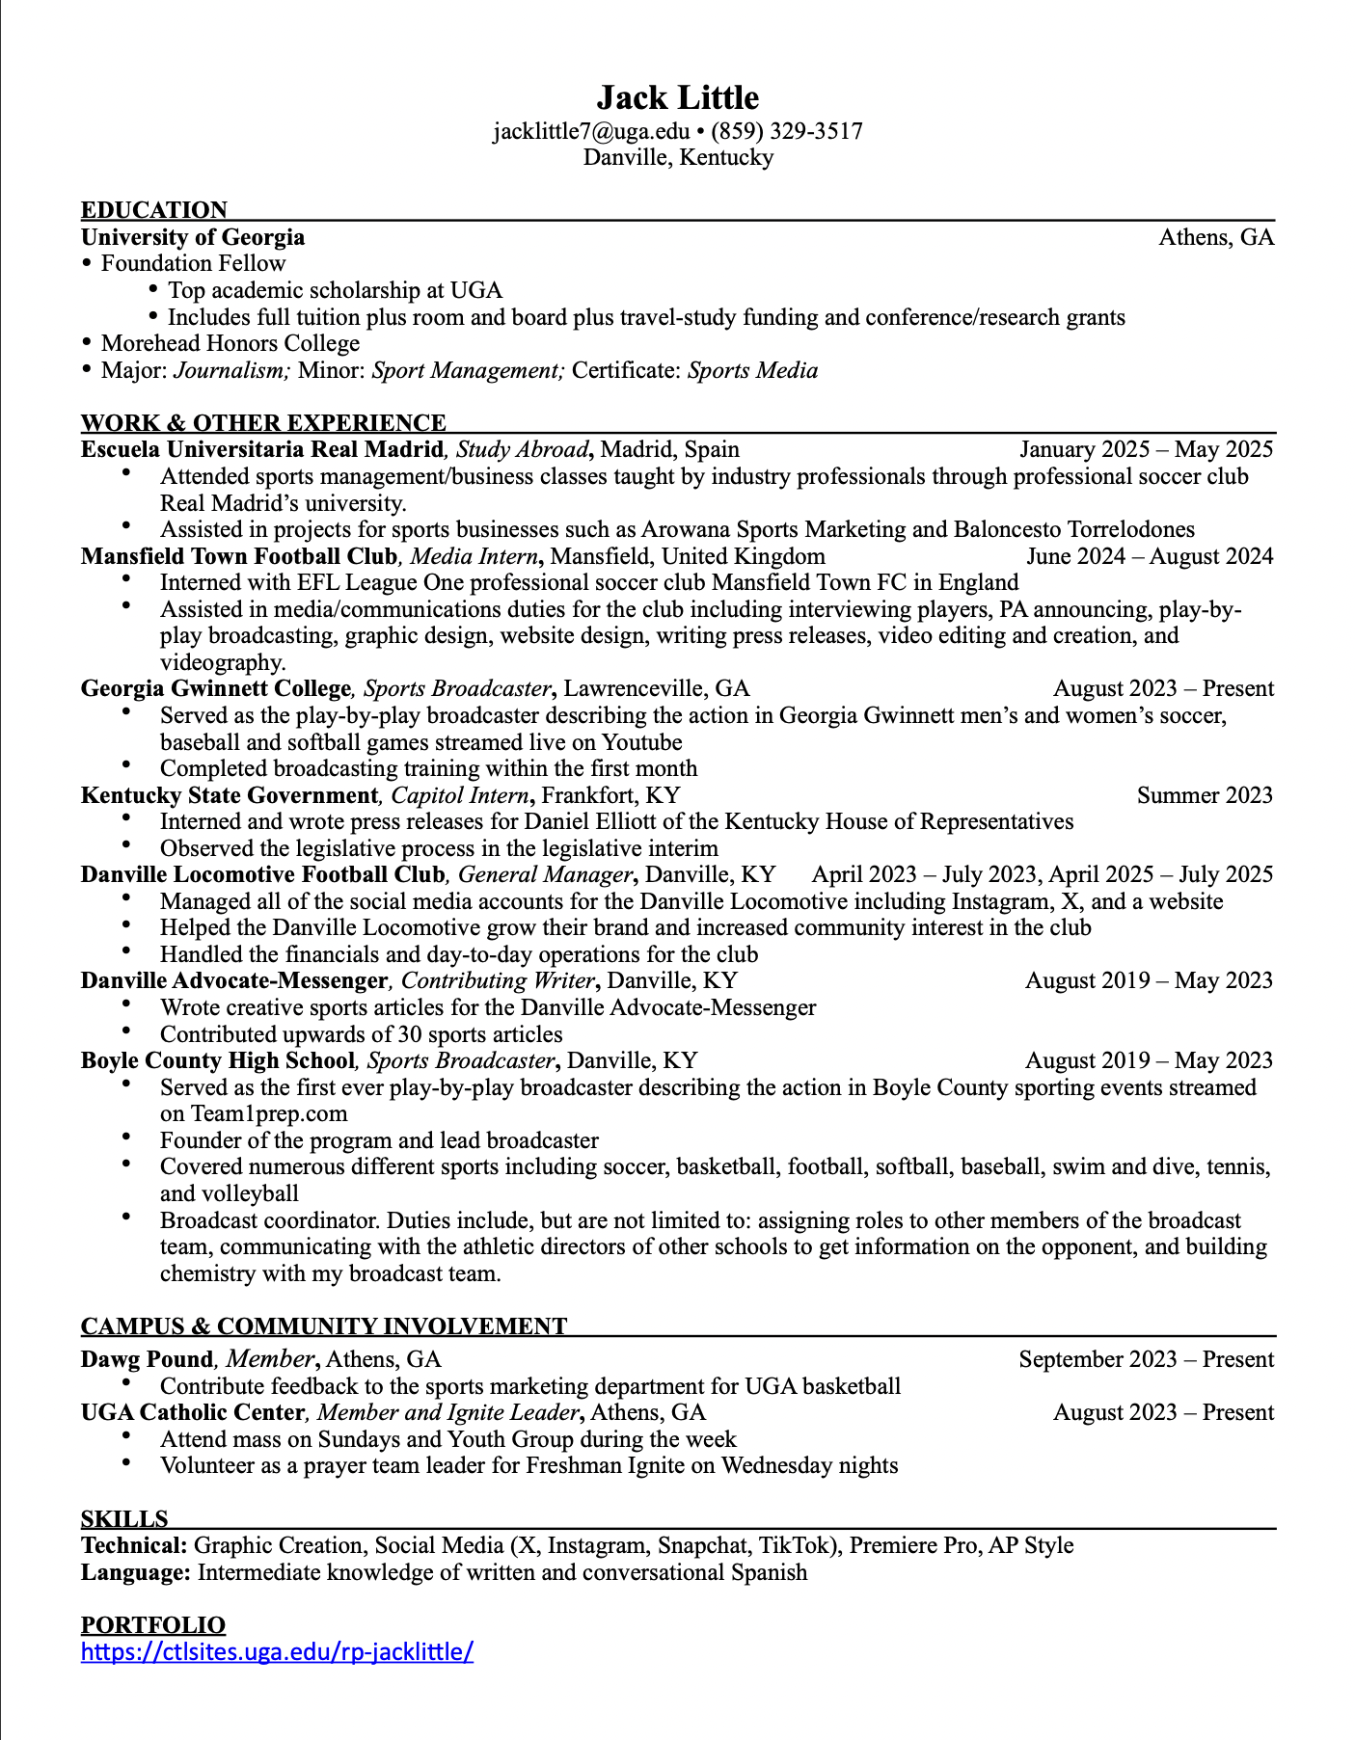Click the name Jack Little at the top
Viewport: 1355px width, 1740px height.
677,98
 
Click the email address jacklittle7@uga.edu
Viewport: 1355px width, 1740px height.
591,131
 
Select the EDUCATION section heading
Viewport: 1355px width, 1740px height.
154,210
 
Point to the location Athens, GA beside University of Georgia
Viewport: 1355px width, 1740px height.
1216,237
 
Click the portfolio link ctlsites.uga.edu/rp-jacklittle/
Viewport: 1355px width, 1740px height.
277,1651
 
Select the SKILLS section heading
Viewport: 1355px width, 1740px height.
124,1519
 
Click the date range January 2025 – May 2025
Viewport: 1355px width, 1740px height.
1146,449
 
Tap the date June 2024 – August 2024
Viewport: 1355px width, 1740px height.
1150,556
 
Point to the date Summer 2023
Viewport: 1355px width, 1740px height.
1205,795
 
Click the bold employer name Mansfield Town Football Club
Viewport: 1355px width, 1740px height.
238,556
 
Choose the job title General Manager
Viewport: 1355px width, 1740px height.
545,874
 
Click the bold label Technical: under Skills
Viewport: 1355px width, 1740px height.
134,1545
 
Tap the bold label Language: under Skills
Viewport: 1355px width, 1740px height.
136,1572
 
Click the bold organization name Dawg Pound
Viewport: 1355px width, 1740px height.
147,1359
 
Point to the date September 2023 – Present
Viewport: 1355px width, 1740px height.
1146,1359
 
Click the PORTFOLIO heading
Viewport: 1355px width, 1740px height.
153,1625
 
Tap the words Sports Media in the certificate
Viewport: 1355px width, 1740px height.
752,370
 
